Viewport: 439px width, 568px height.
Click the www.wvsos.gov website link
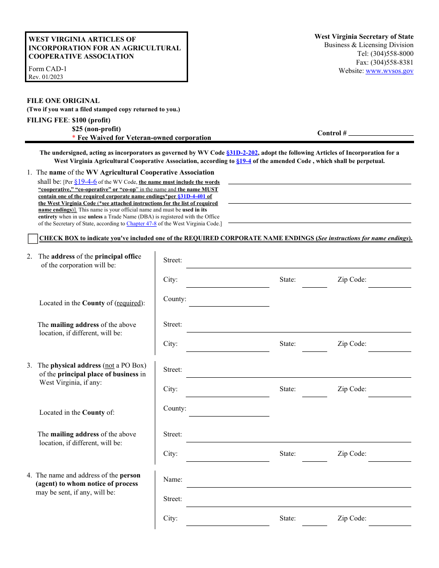[x=389, y=71]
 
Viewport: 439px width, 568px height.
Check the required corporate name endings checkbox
[x=32, y=239]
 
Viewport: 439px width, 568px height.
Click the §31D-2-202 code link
[x=242, y=153]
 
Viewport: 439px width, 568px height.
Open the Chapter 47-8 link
[x=141, y=224]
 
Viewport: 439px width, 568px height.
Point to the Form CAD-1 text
[x=43, y=69]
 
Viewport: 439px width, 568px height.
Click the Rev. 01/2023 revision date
[x=46, y=77]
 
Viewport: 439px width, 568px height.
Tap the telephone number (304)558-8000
[x=392, y=54]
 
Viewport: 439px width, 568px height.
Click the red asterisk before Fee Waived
[x=73, y=138]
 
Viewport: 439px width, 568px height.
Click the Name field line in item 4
[x=298, y=483]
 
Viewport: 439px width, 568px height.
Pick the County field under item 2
[x=229, y=302]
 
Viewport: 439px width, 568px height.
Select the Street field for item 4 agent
[x=298, y=502]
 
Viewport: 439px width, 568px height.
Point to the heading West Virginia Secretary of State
[x=364, y=37]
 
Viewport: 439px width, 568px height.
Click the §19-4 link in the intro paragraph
[x=244, y=162]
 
